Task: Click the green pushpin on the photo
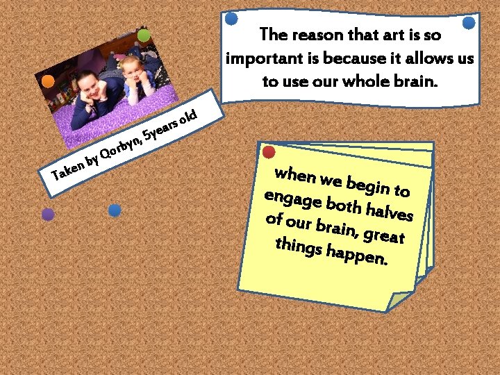[x=144, y=35]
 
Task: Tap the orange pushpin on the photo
[x=48, y=81]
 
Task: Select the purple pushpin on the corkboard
[x=47, y=215]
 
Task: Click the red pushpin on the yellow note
[x=269, y=151]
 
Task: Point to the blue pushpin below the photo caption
[x=115, y=210]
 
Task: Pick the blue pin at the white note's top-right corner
[x=469, y=23]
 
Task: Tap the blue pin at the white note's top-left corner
[x=232, y=19]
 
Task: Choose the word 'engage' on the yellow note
[x=292, y=198]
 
